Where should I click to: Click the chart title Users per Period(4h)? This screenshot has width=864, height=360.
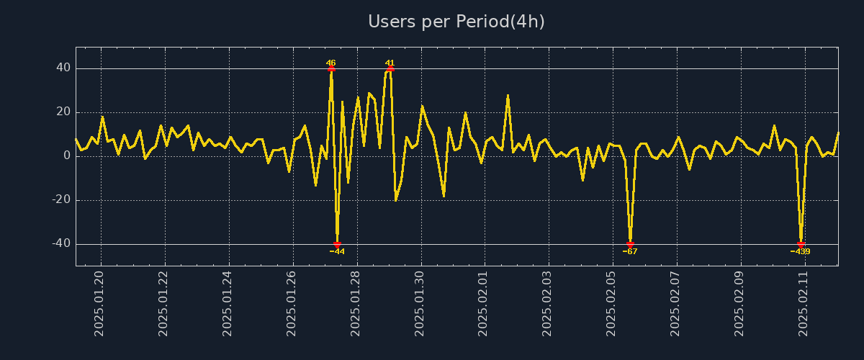coord(456,22)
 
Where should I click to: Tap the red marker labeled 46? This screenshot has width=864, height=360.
coord(331,69)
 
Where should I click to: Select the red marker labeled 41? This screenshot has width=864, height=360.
coord(390,69)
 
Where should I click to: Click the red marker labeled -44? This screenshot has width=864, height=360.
coord(337,245)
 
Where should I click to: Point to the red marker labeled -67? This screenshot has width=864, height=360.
coord(630,245)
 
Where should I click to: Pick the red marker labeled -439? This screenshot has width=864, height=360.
coord(801,245)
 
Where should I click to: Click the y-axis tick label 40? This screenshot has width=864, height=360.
coord(63,68)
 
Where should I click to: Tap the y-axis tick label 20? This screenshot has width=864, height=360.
coord(63,112)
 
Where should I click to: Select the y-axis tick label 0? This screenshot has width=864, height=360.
coord(67,156)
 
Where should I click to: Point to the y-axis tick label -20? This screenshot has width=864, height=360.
coord(60,200)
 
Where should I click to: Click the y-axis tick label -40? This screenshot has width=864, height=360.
coord(60,244)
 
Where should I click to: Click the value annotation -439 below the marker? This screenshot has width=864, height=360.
coord(800,252)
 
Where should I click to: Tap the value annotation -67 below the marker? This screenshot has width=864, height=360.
coord(630,252)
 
